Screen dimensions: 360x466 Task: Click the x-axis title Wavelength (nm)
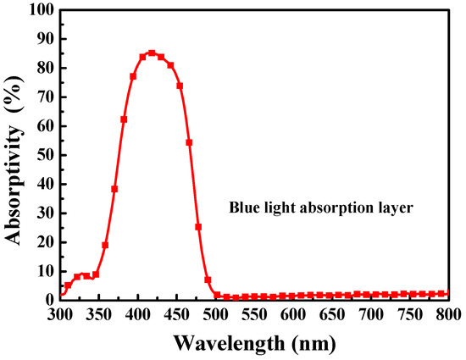pyautogui.click(x=258, y=344)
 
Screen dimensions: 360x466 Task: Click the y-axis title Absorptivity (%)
pyautogui.click(x=15, y=155)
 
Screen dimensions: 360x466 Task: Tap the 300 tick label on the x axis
pyautogui.click(x=60, y=315)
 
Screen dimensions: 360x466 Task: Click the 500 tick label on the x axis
pyautogui.click(x=217, y=315)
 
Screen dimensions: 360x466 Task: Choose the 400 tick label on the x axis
pyautogui.click(x=138, y=315)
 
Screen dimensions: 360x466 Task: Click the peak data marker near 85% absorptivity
pyautogui.click(x=152, y=53)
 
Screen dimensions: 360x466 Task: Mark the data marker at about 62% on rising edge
pyautogui.click(x=124, y=119)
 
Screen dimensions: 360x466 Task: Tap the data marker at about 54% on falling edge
pyautogui.click(x=189, y=142)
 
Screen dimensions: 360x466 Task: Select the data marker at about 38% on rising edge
pyautogui.click(x=114, y=189)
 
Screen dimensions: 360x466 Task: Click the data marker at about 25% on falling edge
pyautogui.click(x=198, y=226)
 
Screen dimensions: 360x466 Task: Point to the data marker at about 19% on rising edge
pyautogui.click(x=105, y=245)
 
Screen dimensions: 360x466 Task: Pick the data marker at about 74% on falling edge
pyautogui.click(x=180, y=86)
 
